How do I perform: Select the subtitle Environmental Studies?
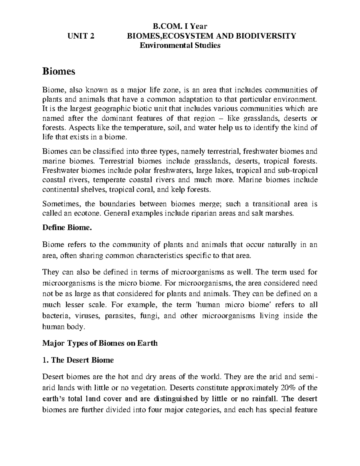180,46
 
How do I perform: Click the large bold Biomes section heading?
58,72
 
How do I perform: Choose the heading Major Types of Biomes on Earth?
100,343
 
